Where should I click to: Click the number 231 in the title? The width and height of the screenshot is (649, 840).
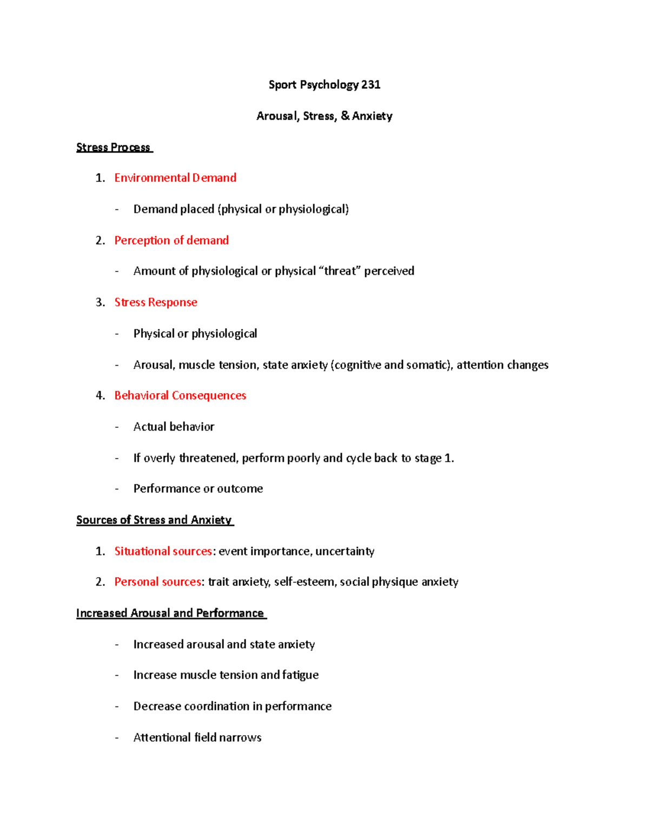point(371,84)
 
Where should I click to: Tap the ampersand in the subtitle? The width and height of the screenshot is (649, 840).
point(345,116)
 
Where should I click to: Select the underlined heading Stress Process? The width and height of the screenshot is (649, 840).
point(114,147)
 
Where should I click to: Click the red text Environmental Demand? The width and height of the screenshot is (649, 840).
point(175,178)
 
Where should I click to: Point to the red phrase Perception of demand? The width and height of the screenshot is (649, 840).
point(171,240)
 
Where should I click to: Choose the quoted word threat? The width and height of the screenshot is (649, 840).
point(340,271)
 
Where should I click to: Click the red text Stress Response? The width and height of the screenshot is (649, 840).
point(156,302)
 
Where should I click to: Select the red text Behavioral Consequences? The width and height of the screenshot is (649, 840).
point(180,395)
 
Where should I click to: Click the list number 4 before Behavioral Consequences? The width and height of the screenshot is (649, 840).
point(100,395)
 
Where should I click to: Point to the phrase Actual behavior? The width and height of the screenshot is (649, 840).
point(174,427)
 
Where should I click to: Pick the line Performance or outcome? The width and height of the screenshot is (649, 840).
point(198,489)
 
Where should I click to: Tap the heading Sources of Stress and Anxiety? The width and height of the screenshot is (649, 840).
point(154,520)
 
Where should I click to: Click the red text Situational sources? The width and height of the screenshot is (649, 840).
point(163,551)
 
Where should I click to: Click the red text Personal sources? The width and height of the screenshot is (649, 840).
point(157,582)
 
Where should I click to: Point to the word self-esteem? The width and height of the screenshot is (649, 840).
point(304,582)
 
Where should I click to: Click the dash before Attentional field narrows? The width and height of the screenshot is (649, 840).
point(116,738)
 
